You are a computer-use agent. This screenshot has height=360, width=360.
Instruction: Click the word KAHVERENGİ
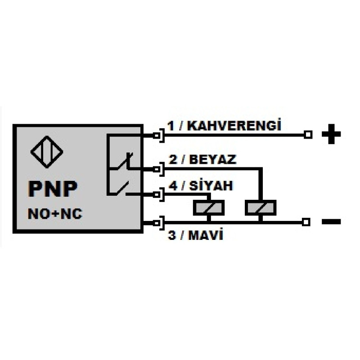tap(234, 126)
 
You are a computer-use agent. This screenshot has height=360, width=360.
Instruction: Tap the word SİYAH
tap(211, 185)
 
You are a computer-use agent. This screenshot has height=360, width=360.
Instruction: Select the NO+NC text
tap(55, 214)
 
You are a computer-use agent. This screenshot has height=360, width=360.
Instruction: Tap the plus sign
tap(332, 135)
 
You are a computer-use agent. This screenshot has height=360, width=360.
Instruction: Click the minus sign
tap(332, 221)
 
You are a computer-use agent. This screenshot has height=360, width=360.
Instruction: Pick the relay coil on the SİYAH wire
tap(208, 208)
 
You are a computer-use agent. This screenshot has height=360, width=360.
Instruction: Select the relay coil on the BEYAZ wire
tap(261, 208)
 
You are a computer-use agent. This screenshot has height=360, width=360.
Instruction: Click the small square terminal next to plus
tap(308, 135)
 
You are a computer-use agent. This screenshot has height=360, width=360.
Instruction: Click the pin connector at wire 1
tap(157, 135)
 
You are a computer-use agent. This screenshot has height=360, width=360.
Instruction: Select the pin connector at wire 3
tap(157, 222)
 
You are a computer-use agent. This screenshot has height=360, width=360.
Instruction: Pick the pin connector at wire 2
tap(157, 169)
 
